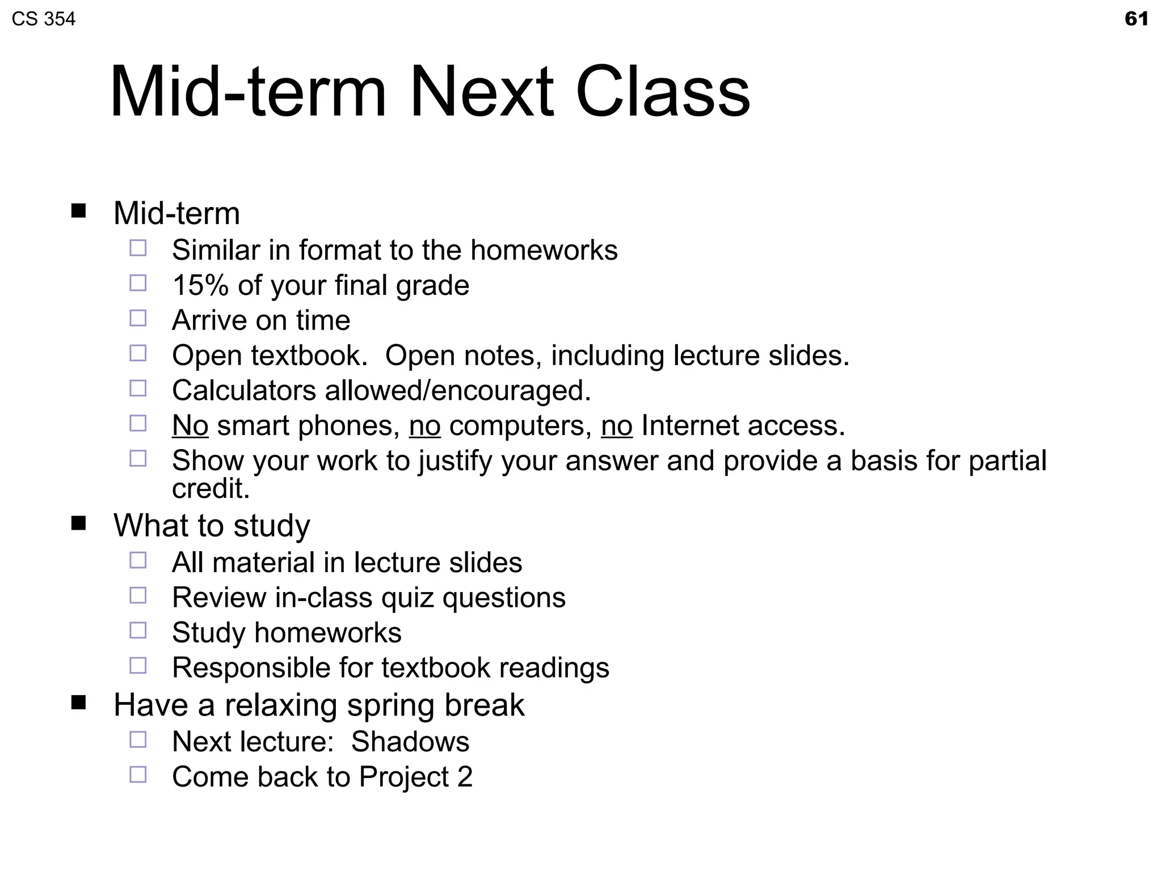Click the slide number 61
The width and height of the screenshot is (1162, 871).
coord(1136,19)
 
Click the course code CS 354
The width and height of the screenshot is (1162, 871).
coord(44,19)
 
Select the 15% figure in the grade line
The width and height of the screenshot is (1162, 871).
coord(200,285)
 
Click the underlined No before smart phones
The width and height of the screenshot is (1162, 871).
coord(190,425)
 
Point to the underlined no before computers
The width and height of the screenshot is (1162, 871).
coord(424,425)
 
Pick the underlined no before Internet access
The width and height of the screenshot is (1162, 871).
coord(617,425)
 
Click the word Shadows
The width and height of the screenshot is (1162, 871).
coord(410,742)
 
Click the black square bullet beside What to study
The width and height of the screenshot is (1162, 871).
coord(79,523)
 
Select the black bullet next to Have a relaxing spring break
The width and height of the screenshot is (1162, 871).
coord(79,703)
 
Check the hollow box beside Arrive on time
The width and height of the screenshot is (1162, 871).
coord(138,318)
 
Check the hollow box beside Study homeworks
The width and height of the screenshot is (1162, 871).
coord(138,631)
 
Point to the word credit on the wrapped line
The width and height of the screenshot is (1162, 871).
coord(210,489)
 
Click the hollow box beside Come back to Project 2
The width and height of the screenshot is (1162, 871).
coord(138,775)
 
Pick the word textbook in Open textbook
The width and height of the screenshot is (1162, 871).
coord(306,356)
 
